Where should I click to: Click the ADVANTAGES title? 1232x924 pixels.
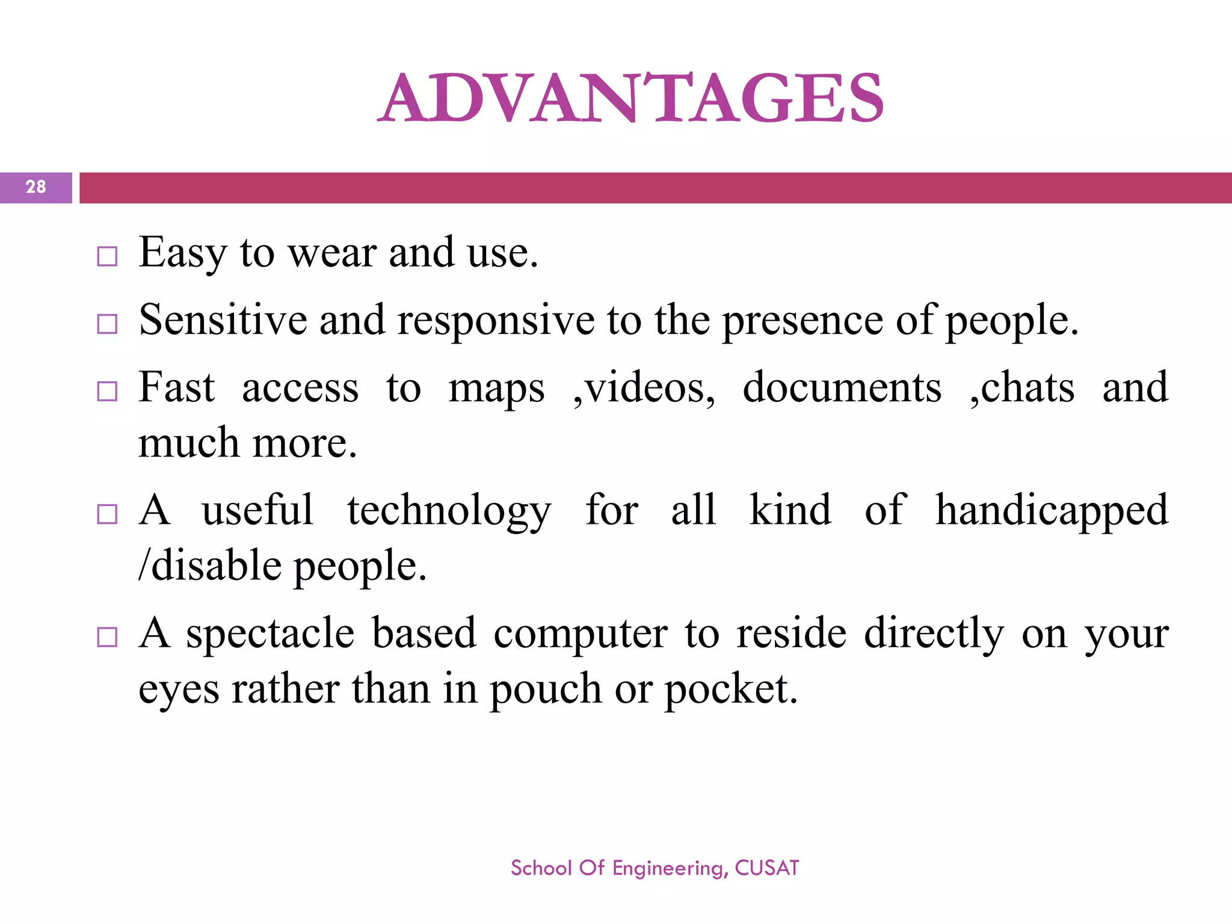point(631,98)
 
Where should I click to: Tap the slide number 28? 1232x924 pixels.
point(36,187)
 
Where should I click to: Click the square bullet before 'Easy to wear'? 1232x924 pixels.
point(107,256)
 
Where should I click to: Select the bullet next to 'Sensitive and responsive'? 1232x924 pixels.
point(107,324)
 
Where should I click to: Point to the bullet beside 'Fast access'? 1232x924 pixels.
point(107,391)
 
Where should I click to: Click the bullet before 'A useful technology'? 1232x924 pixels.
point(107,514)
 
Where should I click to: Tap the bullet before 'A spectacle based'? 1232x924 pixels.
point(107,636)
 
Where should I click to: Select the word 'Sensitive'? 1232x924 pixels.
point(223,320)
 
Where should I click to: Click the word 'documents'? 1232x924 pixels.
point(842,387)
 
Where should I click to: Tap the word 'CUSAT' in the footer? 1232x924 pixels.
point(767,868)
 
